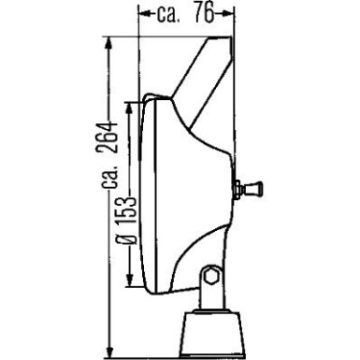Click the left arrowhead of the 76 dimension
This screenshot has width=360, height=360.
point(142,13)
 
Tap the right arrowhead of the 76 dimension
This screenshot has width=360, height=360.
point(227,13)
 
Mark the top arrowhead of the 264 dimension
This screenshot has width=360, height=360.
point(110,43)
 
